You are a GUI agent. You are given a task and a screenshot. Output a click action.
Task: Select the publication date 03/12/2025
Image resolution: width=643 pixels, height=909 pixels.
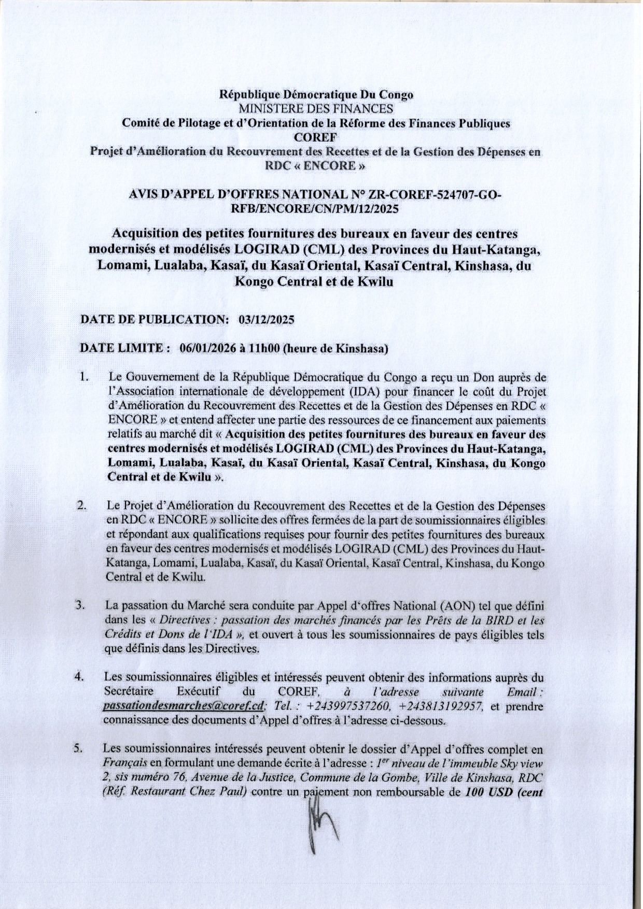click(x=266, y=320)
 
